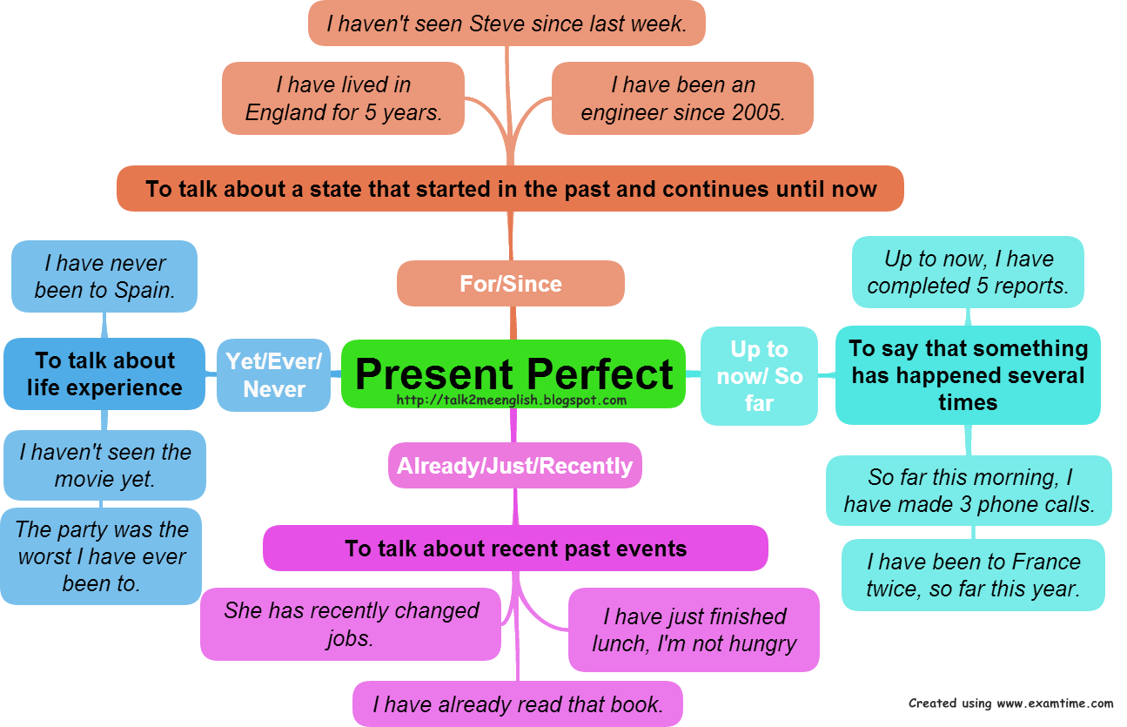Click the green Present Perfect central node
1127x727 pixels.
513,369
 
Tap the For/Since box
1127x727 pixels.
511,283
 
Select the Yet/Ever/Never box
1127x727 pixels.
274,374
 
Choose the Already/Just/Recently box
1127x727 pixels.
514,465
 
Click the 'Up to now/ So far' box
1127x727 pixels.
759,375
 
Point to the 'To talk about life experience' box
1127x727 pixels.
104,374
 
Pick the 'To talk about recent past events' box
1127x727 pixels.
515,549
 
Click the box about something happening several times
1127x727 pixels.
968,375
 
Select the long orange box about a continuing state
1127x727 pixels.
511,189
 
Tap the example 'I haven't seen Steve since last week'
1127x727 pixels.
506,24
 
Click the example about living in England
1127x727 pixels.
343,98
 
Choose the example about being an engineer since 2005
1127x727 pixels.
682,98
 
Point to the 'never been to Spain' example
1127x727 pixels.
104,276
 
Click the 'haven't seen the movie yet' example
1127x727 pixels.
104,465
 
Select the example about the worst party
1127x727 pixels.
102,556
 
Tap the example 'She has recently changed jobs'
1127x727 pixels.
351,623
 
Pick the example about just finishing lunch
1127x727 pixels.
694,629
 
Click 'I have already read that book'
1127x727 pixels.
518,704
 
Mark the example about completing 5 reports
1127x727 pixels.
968,272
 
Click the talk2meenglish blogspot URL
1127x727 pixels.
511,401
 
